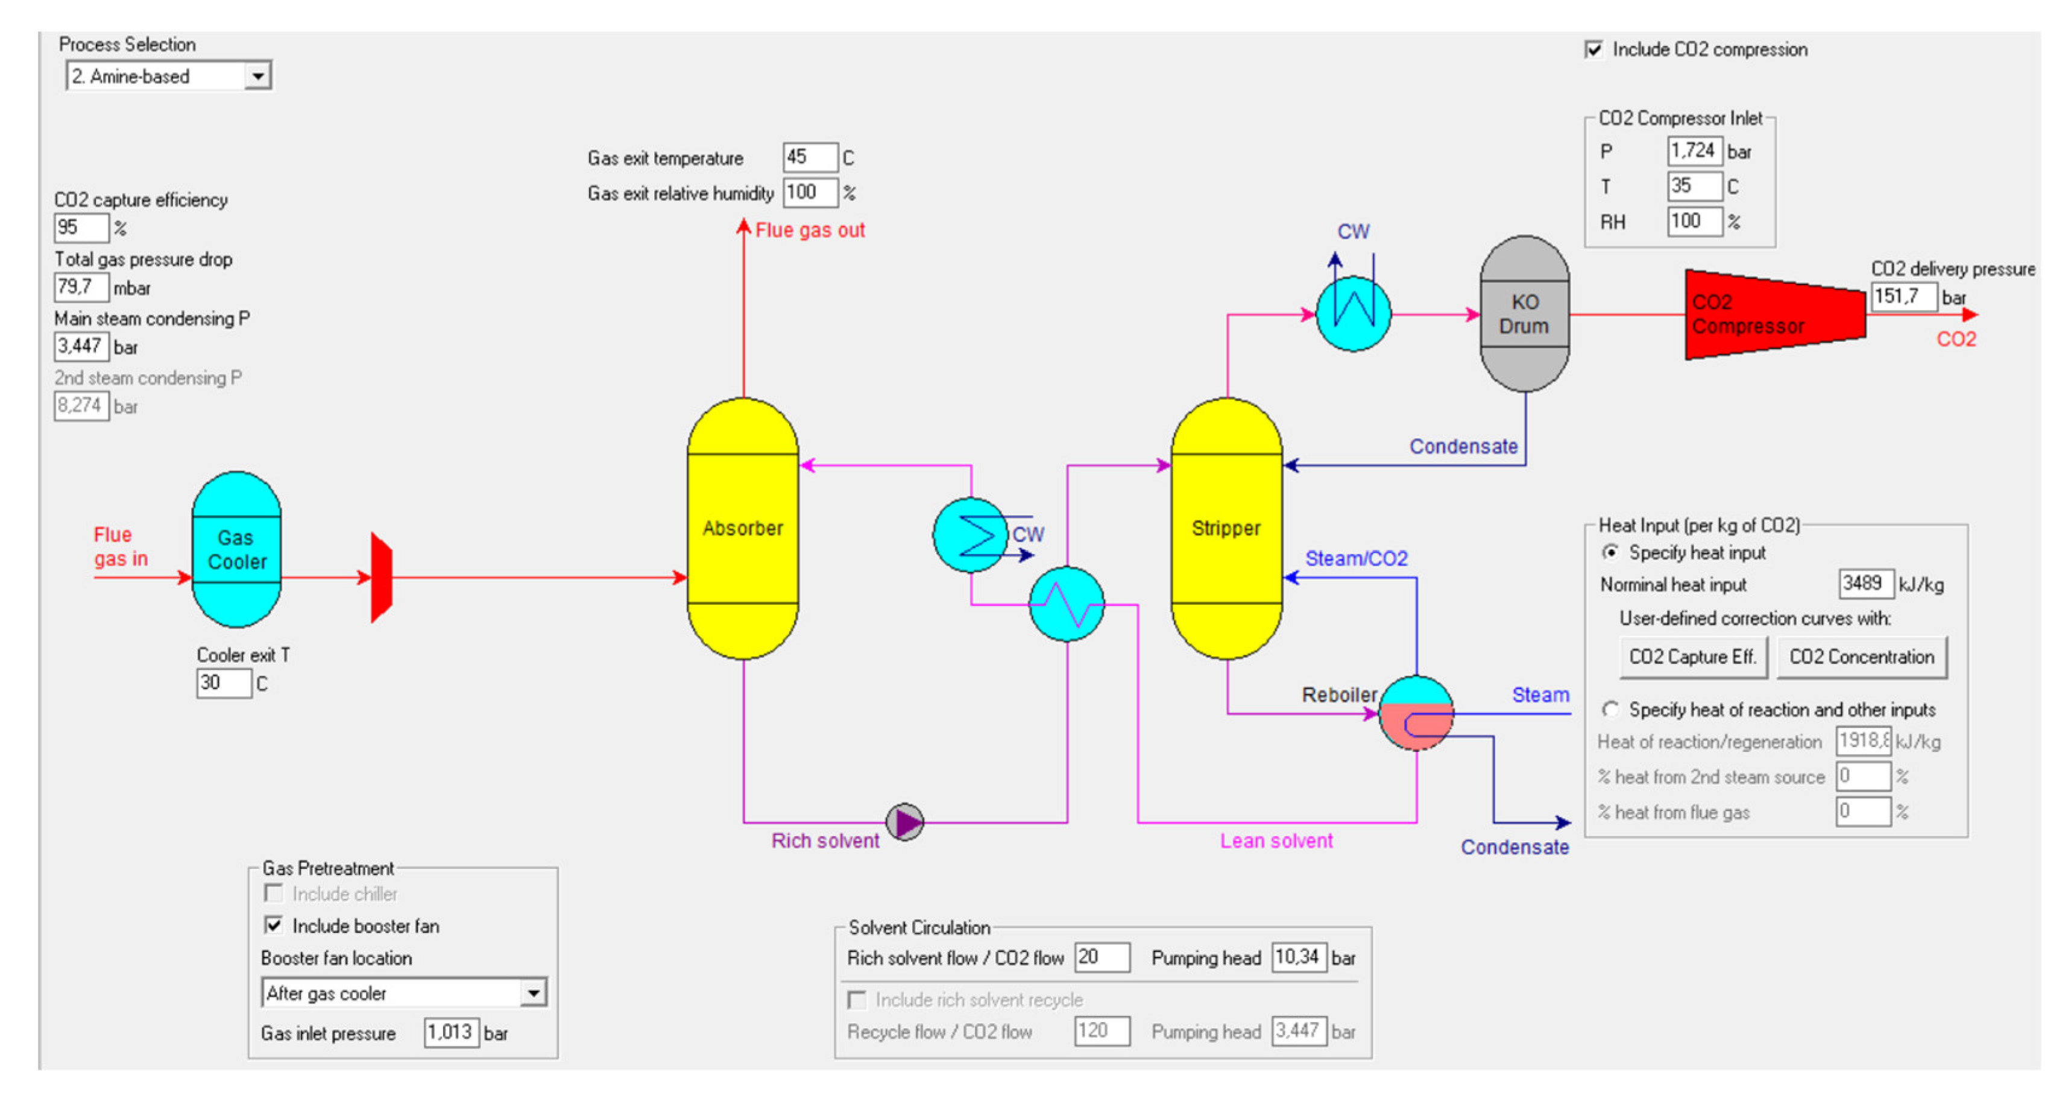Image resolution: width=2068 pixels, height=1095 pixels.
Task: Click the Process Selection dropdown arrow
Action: (257, 76)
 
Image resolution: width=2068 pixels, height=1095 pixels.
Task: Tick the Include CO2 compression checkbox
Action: (1594, 50)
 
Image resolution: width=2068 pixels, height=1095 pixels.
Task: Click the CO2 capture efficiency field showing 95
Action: (80, 228)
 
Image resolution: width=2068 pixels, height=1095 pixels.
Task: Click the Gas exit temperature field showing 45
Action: (809, 157)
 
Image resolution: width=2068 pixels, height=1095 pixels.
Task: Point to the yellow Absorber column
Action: (743, 528)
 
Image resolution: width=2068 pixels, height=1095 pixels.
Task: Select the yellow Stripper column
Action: (1226, 528)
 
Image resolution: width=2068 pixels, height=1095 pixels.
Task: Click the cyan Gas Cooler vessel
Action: (236, 550)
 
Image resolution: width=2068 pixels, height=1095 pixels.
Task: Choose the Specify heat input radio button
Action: (1610, 552)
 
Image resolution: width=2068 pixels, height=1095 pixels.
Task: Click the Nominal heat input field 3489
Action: (1865, 583)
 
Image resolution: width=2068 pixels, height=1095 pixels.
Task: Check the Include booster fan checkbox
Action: (274, 926)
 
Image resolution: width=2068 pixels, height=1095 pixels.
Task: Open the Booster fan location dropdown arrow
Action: (533, 993)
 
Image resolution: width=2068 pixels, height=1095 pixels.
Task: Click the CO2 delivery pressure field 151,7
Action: (1903, 297)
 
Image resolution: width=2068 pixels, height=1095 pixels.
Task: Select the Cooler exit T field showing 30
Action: (223, 683)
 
